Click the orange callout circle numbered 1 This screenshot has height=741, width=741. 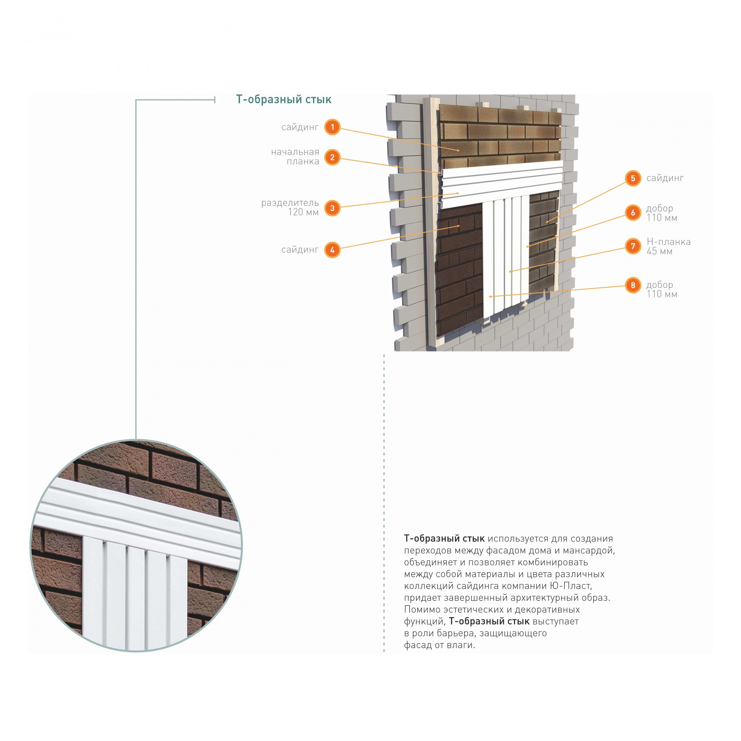(x=332, y=127)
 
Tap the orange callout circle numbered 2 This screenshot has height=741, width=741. (x=332, y=157)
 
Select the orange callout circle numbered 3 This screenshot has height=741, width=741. (x=332, y=208)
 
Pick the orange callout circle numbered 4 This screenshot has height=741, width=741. (x=332, y=250)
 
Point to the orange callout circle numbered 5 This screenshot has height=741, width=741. (x=633, y=179)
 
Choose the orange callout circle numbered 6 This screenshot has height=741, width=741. (x=633, y=213)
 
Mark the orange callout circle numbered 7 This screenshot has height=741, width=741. (x=633, y=246)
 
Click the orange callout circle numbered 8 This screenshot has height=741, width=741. (x=633, y=285)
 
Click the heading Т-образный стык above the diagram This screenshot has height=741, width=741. (x=284, y=100)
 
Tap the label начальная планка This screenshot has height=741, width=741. (x=295, y=157)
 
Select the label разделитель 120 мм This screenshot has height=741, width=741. (x=290, y=207)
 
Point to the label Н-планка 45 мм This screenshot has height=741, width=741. (x=669, y=246)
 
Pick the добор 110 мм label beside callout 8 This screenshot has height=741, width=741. (x=662, y=289)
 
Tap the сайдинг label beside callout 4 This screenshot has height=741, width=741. (x=300, y=250)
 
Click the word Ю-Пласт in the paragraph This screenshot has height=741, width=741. (x=569, y=586)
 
